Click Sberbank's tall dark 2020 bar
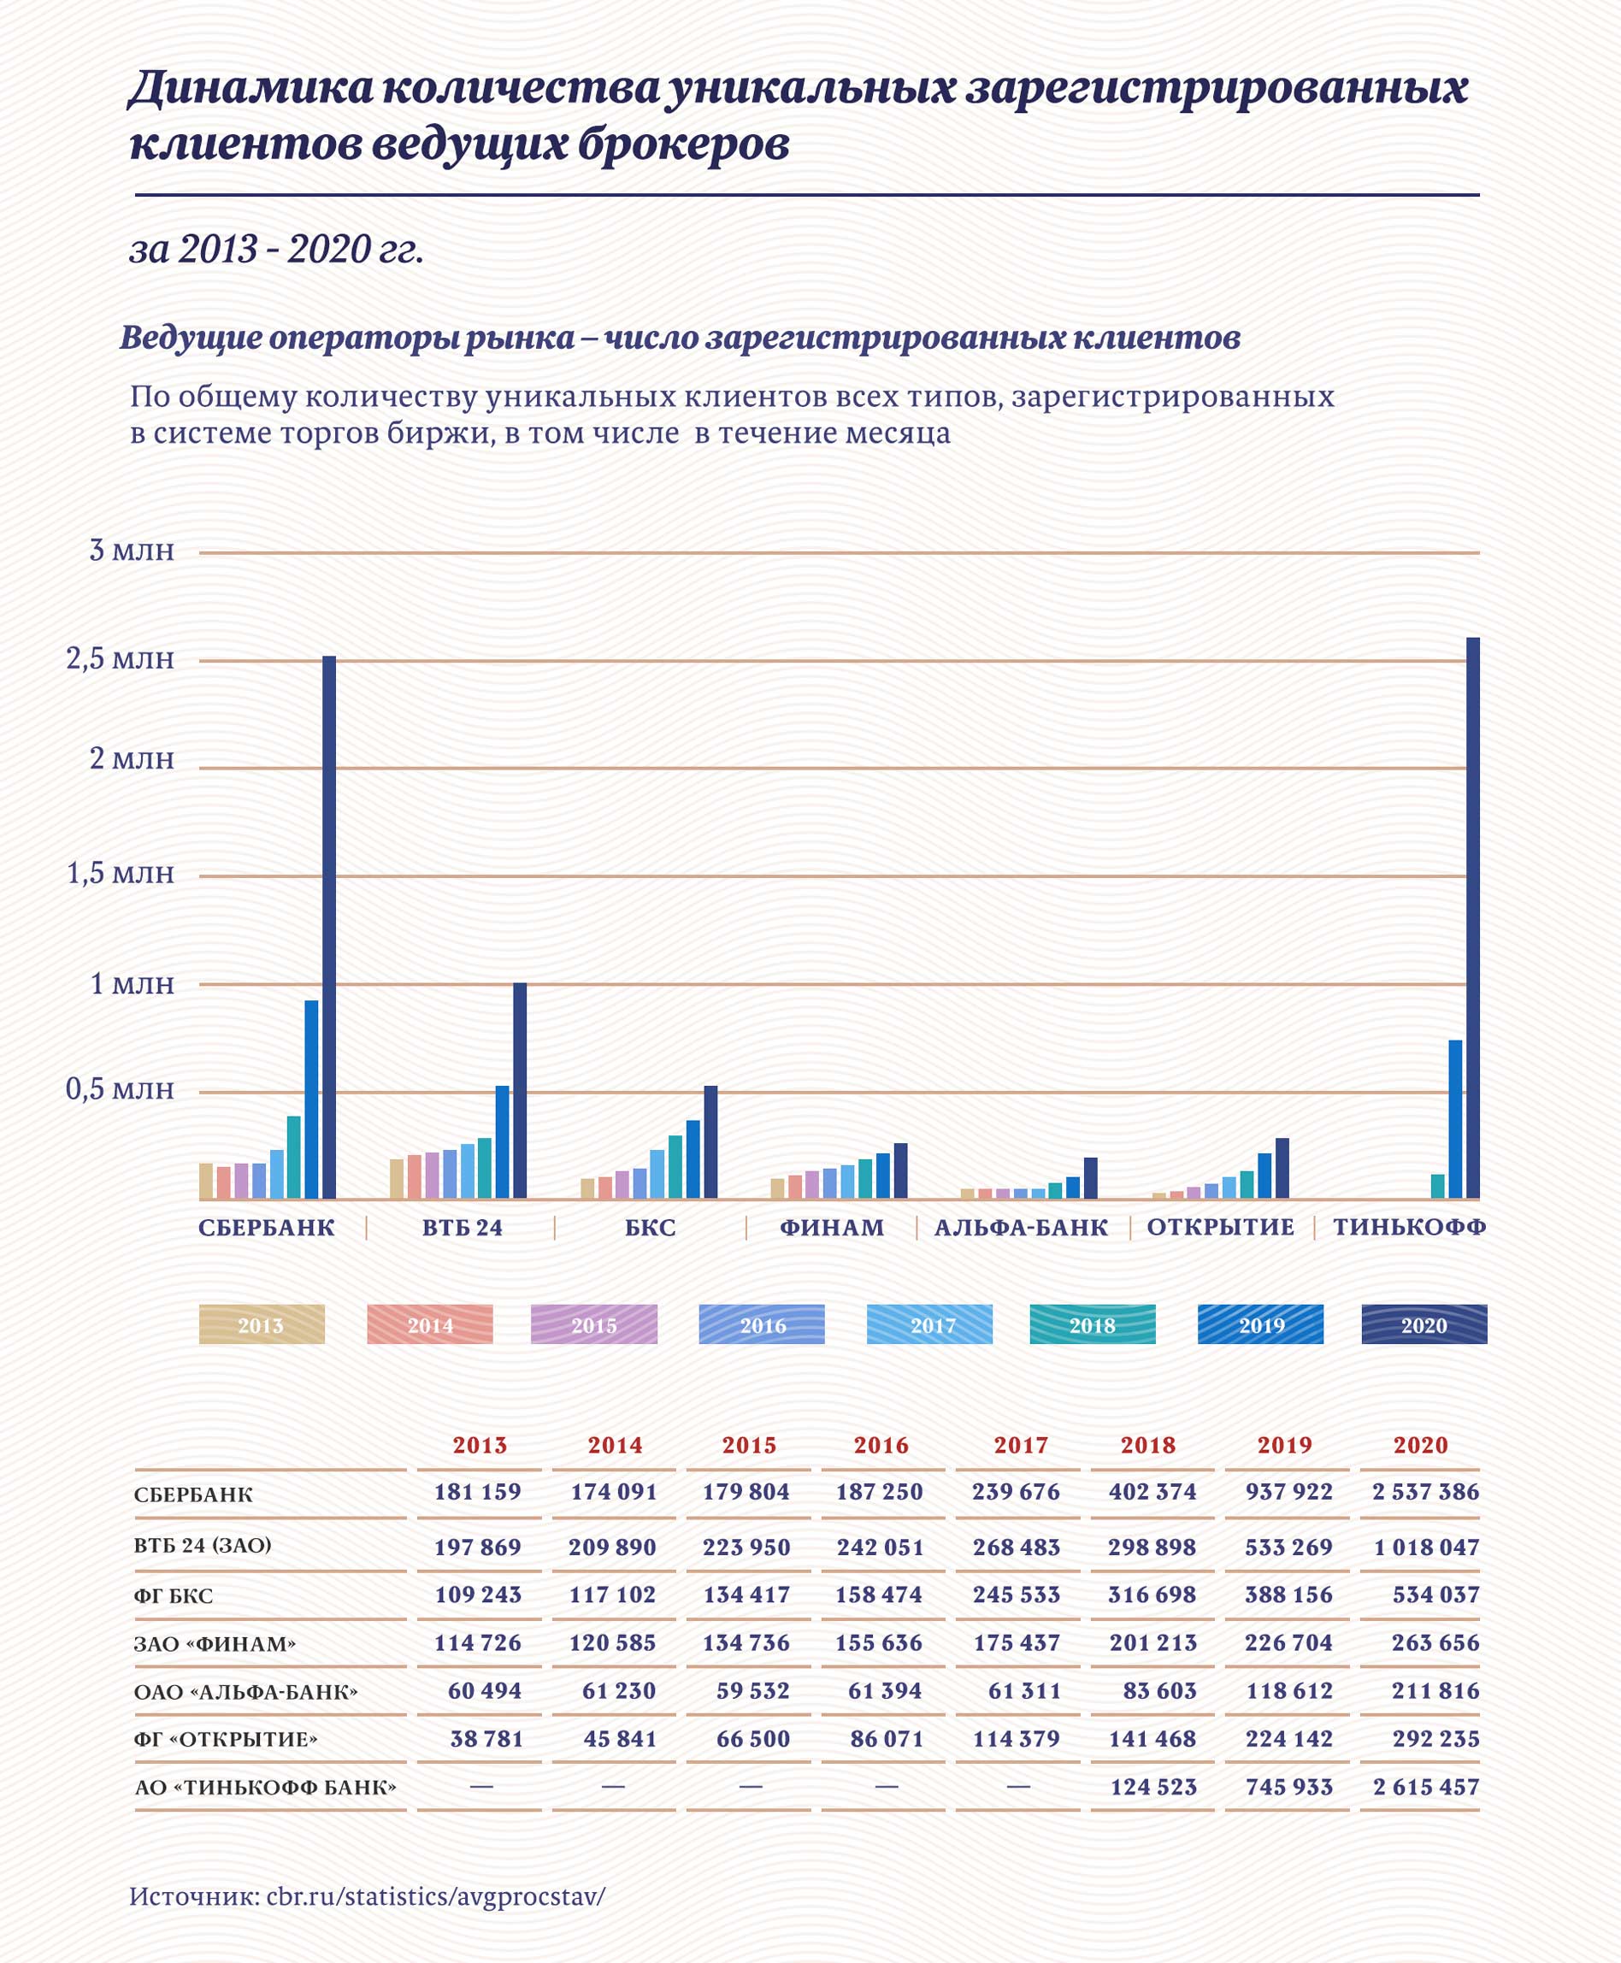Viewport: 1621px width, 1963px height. pos(328,927)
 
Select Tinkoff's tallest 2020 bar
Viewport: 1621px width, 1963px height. pos(1472,917)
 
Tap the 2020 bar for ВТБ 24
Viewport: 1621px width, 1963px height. pos(520,1090)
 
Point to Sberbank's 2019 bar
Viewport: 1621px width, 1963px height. pos(312,1099)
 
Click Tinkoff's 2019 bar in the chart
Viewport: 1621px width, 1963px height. pos(1455,1119)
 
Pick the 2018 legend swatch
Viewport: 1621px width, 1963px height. pos(1093,1324)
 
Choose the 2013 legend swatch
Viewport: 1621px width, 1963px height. pos(262,1324)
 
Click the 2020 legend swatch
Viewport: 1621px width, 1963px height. pos(1424,1324)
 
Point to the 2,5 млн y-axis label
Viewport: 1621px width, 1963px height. pos(121,659)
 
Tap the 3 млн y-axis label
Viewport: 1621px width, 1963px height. pos(132,550)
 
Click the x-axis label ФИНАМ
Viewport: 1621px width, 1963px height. pos(832,1227)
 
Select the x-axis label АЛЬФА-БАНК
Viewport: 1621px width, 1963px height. pos(1022,1227)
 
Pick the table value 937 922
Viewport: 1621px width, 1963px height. pos(1288,1491)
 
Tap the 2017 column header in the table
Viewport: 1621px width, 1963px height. pos(1021,1445)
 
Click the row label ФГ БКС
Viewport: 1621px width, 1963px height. pos(174,1595)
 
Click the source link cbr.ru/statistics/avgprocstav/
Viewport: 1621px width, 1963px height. pos(436,1895)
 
